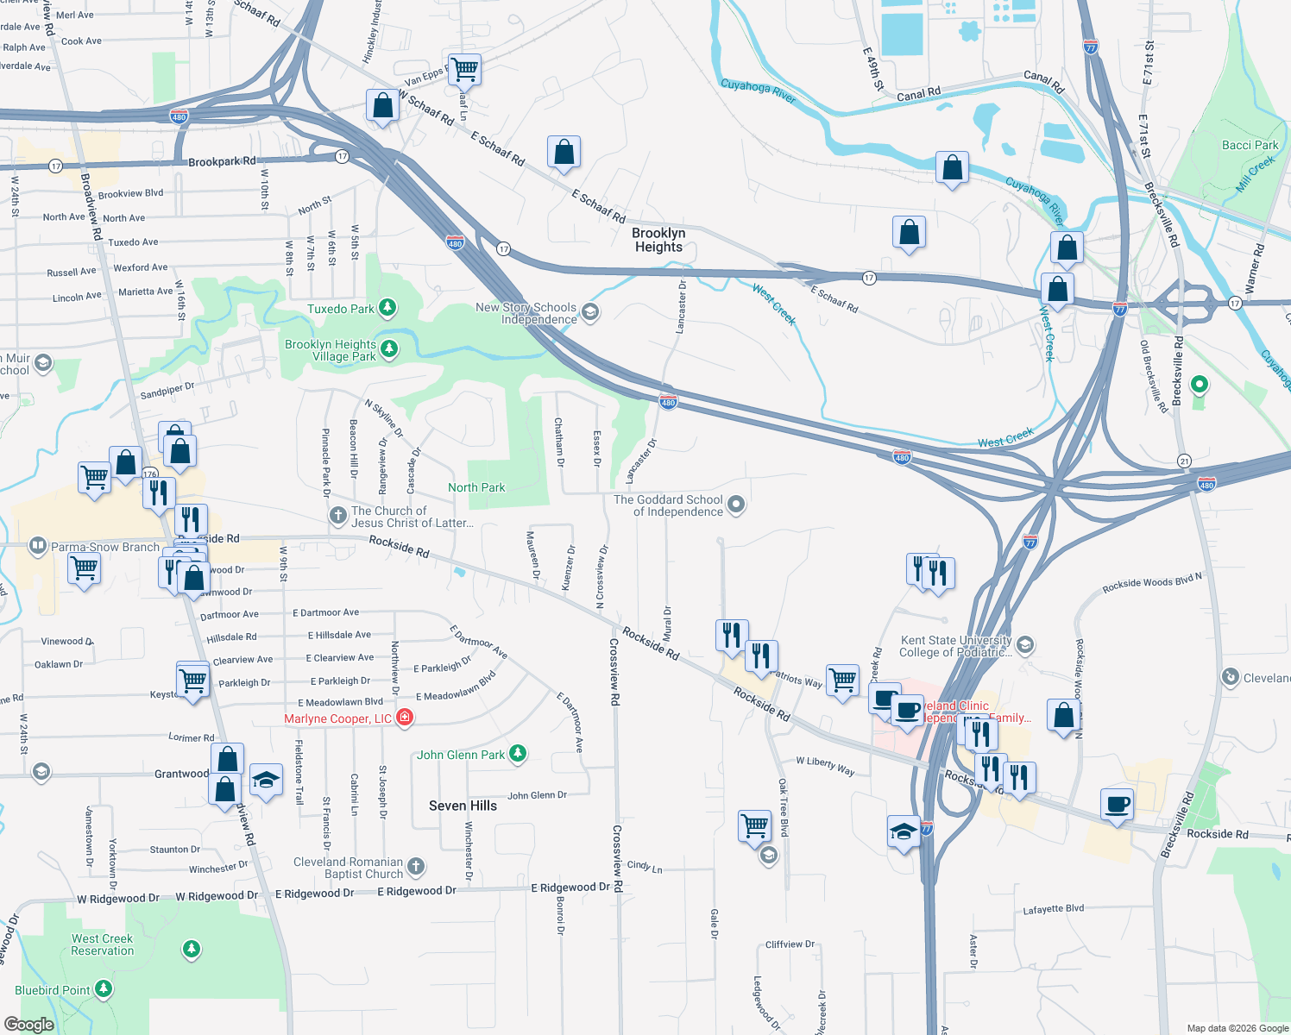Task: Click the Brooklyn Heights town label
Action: (x=658, y=240)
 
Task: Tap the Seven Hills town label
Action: (x=463, y=806)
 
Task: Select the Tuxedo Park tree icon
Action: (x=388, y=308)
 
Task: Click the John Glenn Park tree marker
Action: (x=517, y=754)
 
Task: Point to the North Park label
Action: (x=476, y=487)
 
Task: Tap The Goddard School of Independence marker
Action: (x=736, y=505)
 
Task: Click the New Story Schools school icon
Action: (x=590, y=312)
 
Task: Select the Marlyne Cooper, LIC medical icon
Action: (x=405, y=718)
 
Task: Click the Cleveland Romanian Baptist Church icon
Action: (x=416, y=866)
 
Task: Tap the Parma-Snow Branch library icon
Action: (x=37, y=545)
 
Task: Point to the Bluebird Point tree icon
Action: (x=104, y=988)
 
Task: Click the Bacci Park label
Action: (x=1250, y=145)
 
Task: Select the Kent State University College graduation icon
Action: (x=1024, y=644)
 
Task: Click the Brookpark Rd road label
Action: (x=222, y=161)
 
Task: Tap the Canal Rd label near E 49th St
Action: (x=918, y=94)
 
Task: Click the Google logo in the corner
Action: (x=28, y=1024)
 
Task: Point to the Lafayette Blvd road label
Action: (x=1053, y=909)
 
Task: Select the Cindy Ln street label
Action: (x=645, y=867)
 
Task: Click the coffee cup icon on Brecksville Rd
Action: (x=1118, y=805)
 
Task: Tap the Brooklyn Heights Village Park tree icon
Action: (x=389, y=348)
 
